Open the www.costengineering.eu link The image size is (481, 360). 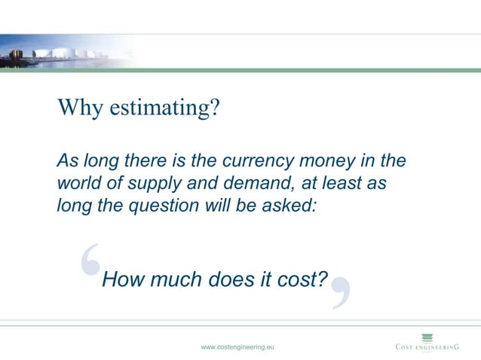click(x=237, y=346)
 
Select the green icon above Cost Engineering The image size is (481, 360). click(x=427, y=336)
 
